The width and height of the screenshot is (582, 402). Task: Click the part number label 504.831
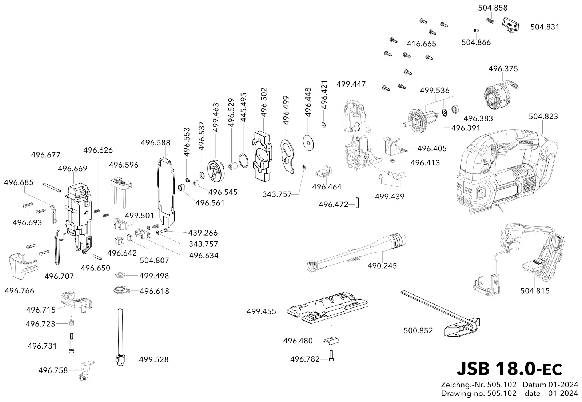(545, 27)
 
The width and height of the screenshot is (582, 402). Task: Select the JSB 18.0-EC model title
(509, 369)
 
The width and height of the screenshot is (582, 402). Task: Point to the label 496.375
(503, 69)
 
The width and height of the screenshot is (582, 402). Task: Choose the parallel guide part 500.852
(442, 315)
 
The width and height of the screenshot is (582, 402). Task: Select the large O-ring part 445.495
(243, 161)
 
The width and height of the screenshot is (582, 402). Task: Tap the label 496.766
(20, 290)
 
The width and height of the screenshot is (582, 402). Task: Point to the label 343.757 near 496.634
(203, 244)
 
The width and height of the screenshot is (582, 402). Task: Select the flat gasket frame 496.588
(166, 192)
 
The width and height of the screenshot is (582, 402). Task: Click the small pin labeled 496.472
(358, 203)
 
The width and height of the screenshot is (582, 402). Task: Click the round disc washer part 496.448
(308, 142)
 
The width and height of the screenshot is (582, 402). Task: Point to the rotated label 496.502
(264, 102)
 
